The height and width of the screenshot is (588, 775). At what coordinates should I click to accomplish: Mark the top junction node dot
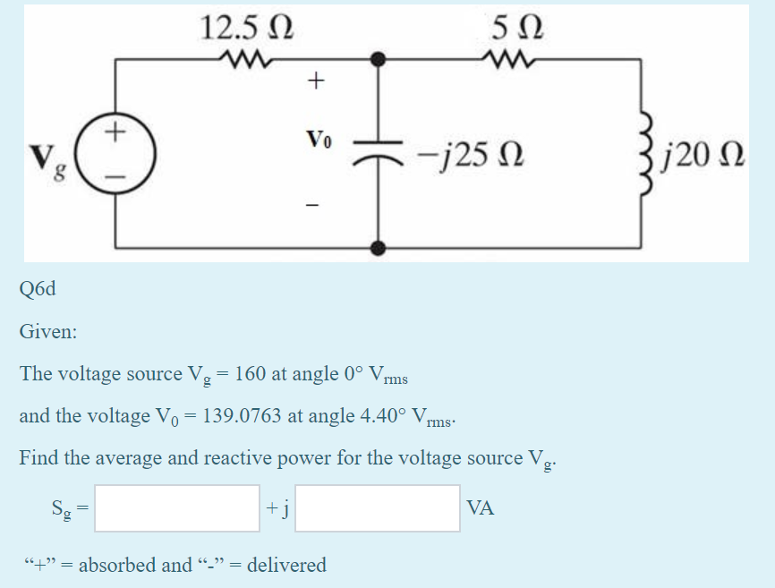click(x=379, y=60)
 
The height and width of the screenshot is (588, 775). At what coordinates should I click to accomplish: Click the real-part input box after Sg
click(x=178, y=508)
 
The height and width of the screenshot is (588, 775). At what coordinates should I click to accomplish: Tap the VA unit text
click(x=480, y=508)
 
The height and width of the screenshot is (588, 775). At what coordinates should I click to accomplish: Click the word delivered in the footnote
click(x=286, y=565)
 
